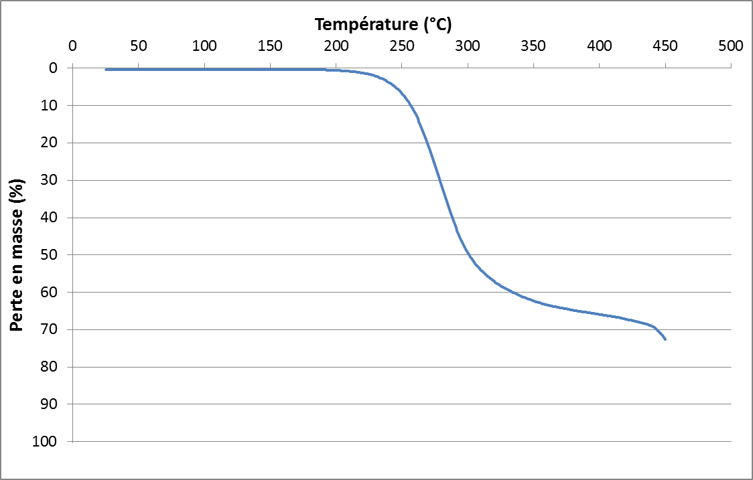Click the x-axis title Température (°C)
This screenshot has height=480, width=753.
383,25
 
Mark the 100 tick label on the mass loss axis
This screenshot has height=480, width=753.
50,442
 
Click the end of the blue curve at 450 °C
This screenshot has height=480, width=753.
665,339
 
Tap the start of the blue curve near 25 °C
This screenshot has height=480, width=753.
106,69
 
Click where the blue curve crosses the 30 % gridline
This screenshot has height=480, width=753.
439,180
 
